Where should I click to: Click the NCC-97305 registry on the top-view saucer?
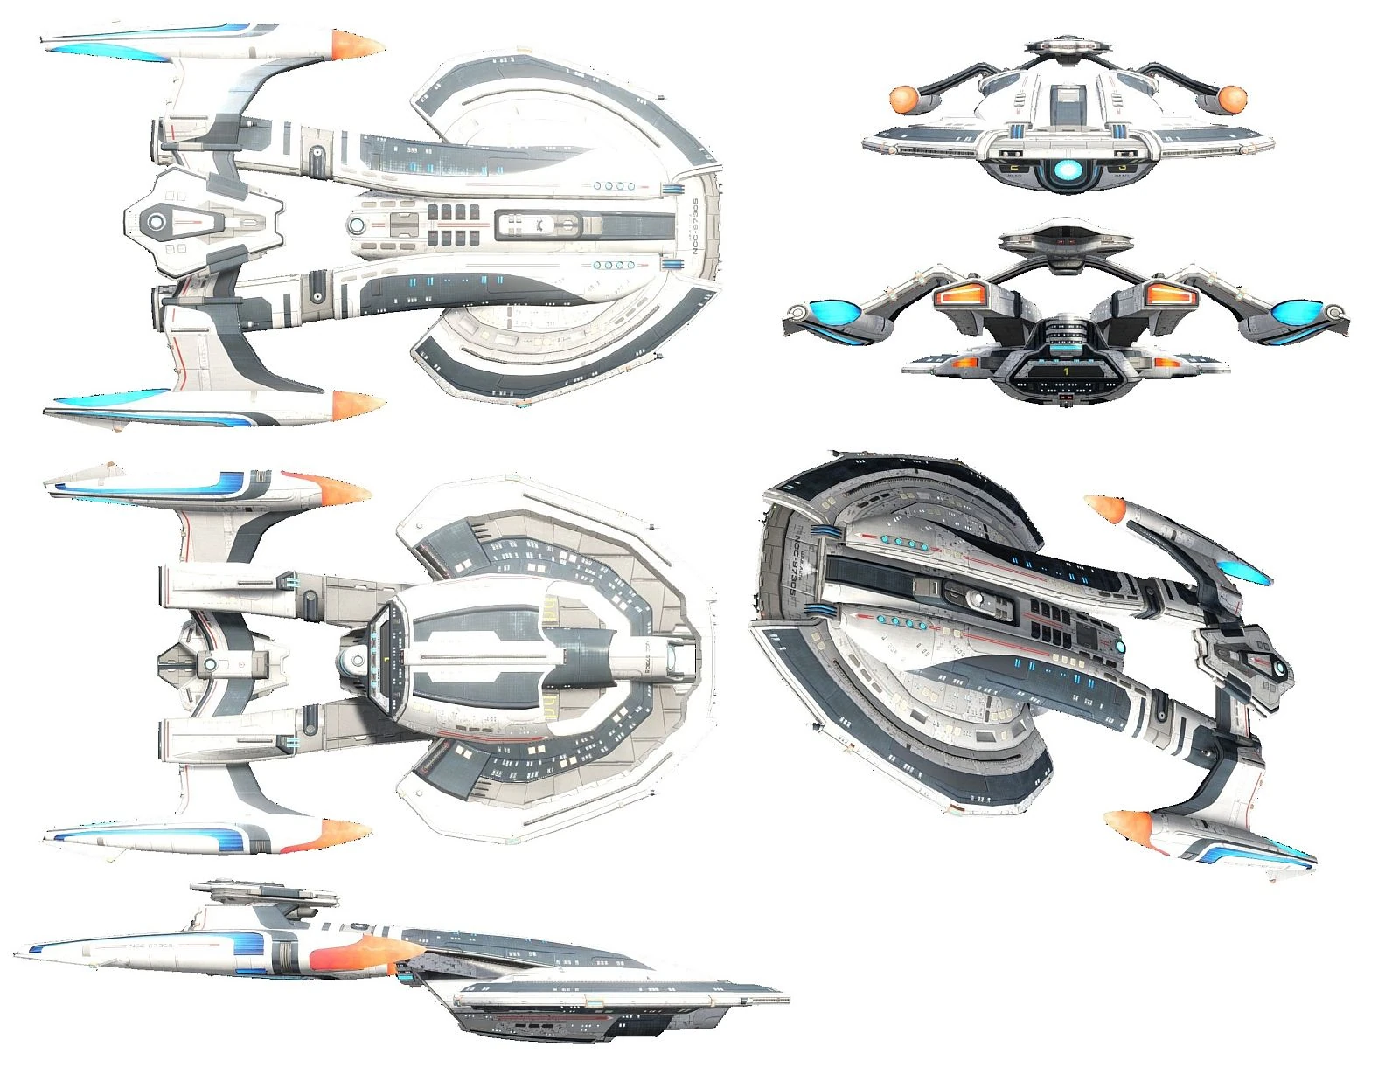pyautogui.click(x=696, y=225)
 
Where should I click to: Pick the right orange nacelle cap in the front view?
pyautogui.click(x=1232, y=98)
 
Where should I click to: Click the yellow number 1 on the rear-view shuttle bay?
pyautogui.click(x=1066, y=371)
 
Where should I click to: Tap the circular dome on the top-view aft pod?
pyautogui.click(x=157, y=222)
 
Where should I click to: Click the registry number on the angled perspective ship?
pyautogui.click(x=797, y=568)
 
